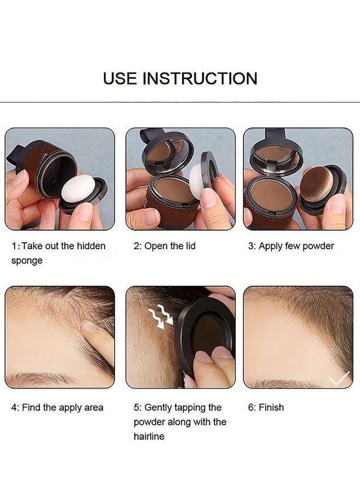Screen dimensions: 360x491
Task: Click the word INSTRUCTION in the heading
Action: pyautogui.click(x=200, y=78)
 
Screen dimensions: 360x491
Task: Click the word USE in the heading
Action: pyautogui.click(x=120, y=78)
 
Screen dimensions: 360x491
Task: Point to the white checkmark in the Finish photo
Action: pyautogui.click(x=339, y=378)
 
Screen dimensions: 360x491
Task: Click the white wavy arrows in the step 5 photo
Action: pyautogui.click(x=160, y=316)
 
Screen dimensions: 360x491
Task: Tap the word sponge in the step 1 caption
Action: pyautogui.click(x=27, y=261)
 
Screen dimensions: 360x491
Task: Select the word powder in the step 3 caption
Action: pyautogui.click(x=318, y=246)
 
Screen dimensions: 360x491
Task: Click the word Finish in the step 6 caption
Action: pyautogui.click(x=272, y=408)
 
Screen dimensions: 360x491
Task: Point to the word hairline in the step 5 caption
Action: pyautogui.click(x=149, y=436)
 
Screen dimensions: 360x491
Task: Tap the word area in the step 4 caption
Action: pyautogui.click(x=94, y=408)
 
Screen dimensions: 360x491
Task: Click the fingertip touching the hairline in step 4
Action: pyautogui.click(x=90, y=329)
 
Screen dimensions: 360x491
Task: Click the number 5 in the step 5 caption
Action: pyautogui.click(x=136, y=408)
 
